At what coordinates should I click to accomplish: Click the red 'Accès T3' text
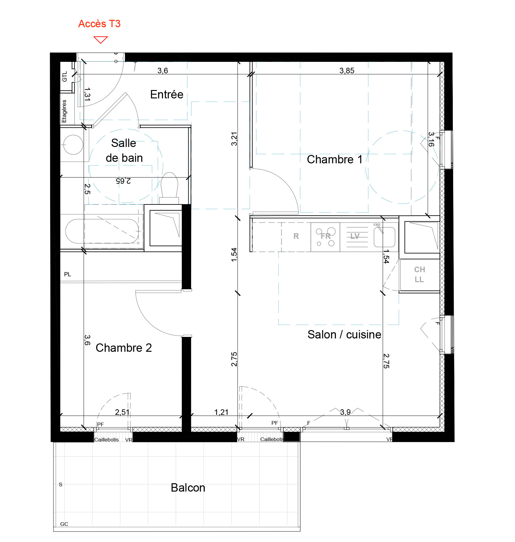click(99, 24)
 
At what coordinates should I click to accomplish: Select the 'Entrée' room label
click(167, 94)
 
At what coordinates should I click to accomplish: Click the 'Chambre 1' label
click(334, 159)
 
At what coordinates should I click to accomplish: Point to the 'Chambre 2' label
click(124, 348)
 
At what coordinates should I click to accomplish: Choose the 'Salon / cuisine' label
click(344, 334)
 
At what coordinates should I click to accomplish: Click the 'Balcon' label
click(188, 488)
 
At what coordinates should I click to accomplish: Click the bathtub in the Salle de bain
click(102, 231)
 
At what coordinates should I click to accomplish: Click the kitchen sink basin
click(384, 237)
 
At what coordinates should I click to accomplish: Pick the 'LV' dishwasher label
click(355, 236)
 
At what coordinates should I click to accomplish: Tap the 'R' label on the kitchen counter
click(296, 236)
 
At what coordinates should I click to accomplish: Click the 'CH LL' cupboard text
click(419, 274)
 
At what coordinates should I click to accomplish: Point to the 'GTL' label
click(64, 77)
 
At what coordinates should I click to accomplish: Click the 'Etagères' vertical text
click(64, 111)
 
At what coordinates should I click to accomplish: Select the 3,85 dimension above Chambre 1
click(347, 71)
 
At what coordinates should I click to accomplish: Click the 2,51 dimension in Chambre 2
click(122, 412)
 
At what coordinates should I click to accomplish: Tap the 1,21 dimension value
click(221, 412)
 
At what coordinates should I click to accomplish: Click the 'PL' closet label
click(67, 274)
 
